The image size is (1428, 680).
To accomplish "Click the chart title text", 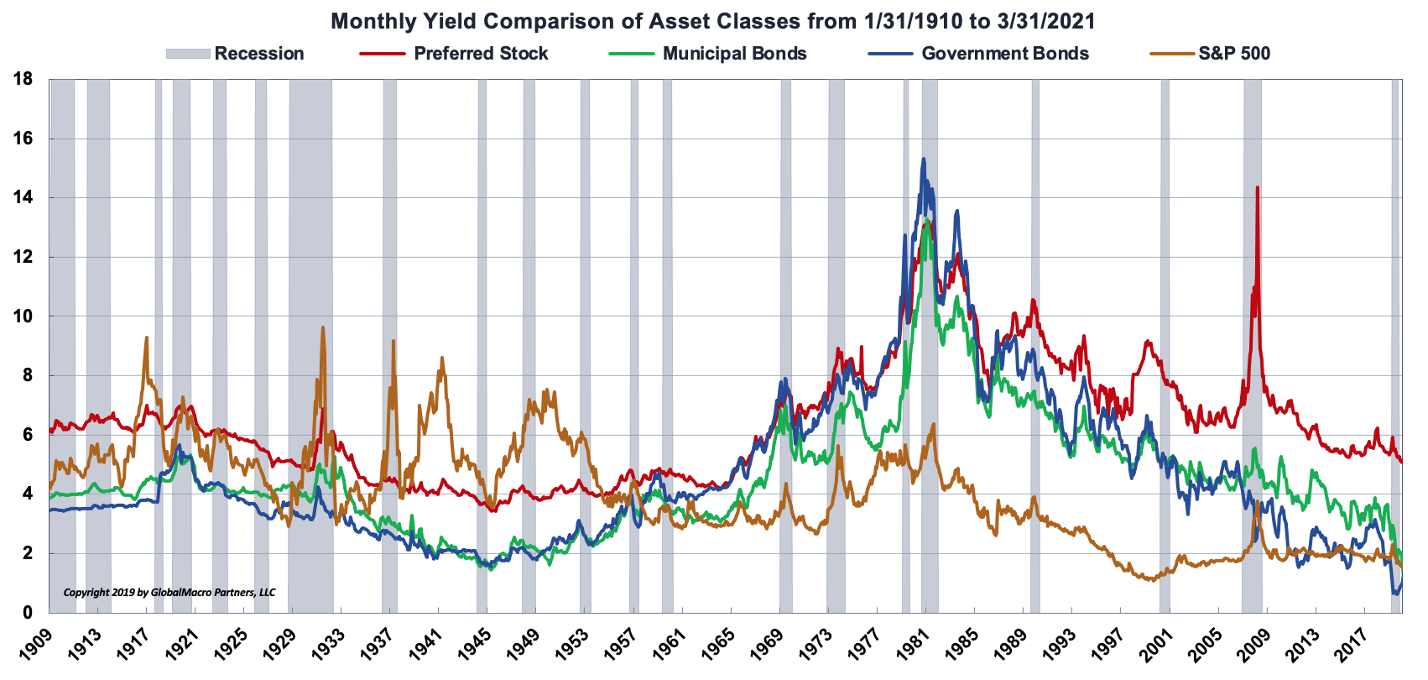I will coord(712,21).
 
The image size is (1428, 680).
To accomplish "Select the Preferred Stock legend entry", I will coord(480,54).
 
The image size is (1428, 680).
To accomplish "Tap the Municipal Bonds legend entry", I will coord(734,54).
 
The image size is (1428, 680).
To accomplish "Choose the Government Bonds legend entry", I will coord(1004,54).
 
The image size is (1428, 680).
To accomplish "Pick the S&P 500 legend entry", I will coord(1233,54).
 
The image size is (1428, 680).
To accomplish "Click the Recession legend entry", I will coord(258,54).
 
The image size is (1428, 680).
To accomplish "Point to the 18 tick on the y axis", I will coord(23,80).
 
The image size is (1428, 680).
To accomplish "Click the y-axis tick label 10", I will coord(23,316).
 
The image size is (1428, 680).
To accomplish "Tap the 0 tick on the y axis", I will coord(28,613).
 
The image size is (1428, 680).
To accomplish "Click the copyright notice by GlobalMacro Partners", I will coord(169,592).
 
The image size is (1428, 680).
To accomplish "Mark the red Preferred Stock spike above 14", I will coord(1257,188).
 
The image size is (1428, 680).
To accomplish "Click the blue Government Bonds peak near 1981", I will coord(924,160).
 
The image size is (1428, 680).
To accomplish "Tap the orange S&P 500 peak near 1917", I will coord(147,338).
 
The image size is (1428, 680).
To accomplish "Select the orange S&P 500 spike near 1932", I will coord(323,328).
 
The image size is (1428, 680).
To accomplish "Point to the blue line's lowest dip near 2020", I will coord(1395,593).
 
